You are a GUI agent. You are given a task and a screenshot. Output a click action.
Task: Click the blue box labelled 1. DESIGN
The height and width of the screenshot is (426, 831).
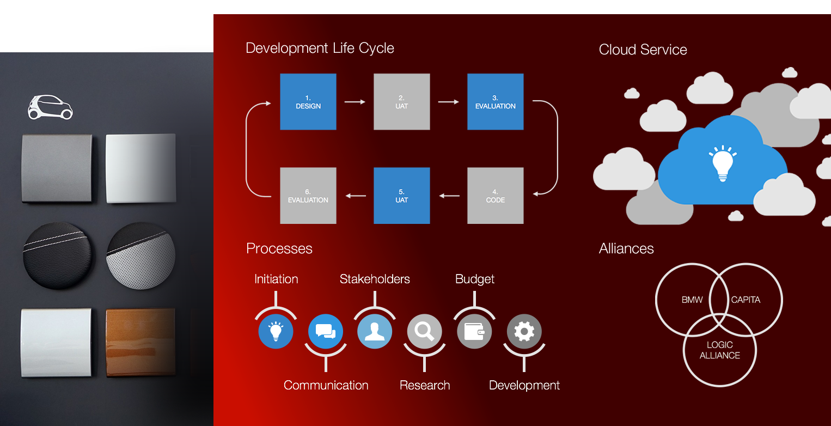pyautogui.click(x=308, y=102)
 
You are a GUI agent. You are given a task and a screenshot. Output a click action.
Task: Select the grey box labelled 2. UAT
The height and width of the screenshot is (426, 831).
pyautogui.click(x=402, y=102)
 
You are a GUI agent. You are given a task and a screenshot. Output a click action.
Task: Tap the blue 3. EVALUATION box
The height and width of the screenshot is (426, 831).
pyautogui.click(x=496, y=102)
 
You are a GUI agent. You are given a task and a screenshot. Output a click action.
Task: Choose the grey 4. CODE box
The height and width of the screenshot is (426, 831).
pyautogui.click(x=496, y=196)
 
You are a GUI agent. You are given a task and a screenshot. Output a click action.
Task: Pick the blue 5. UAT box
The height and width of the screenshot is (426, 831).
pyautogui.click(x=402, y=196)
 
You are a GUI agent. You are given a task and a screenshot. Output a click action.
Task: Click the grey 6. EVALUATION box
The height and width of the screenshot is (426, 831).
pyautogui.click(x=308, y=196)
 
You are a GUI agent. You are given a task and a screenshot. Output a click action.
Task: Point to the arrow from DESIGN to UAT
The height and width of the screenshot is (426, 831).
pyautogui.click(x=355, y=101)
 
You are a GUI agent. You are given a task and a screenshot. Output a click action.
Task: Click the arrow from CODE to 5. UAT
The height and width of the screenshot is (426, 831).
pyautogui.click(x=449, y=196)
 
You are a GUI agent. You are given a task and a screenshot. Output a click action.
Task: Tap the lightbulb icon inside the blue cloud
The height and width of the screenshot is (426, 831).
pyautogui.click(x=722, y=162)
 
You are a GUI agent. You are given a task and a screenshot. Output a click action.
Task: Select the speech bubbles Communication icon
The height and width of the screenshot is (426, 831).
pyautogui.click(x=326, y=331)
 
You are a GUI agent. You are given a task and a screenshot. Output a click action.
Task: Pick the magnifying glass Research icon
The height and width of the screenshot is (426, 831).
pyautogui.click(x=424, y=331)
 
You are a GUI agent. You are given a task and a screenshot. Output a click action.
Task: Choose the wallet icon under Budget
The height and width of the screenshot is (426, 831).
pyautogui.click(x=474, y=331)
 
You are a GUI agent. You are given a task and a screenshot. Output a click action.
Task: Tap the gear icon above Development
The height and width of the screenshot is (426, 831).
pyautogui.click(x=524, y=331)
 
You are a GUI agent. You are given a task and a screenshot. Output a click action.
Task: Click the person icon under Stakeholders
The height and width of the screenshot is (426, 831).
pyautogui.click(x=375, y=331)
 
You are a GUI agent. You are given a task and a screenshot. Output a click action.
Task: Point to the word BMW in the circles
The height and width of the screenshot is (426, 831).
pyautogui.click(x=692, y=300)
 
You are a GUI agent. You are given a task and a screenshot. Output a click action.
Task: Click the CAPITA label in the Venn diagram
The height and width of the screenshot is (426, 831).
pyautogui.click(x=746, y=300)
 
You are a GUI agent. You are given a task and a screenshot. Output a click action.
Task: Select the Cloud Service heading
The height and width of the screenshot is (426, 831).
pyautogui.click(x=643, y=50)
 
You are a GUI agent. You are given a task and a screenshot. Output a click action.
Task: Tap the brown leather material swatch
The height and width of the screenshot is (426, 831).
pyautogui.click(x=140, y=343)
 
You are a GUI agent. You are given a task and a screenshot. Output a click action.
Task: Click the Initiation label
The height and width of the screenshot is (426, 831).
pyautogui.click(x=276, y=279)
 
